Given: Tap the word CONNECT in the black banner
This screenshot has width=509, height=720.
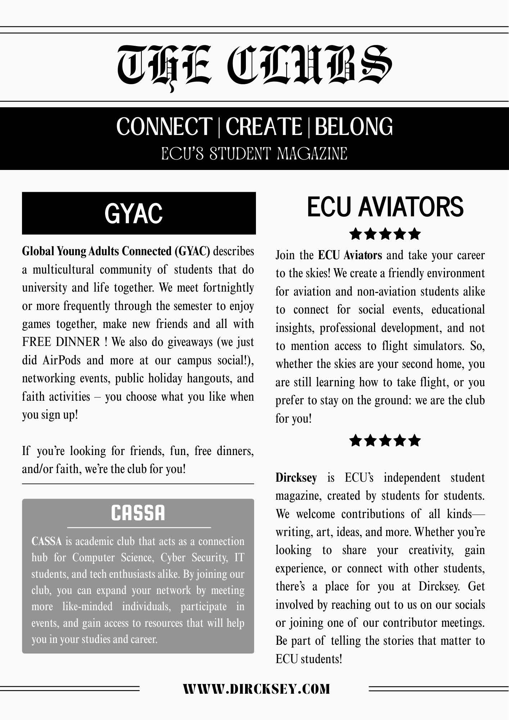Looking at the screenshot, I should (164, 127).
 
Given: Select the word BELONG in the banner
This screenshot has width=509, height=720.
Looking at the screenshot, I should (354, 127).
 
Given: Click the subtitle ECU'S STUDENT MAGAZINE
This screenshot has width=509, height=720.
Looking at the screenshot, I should (254, 154).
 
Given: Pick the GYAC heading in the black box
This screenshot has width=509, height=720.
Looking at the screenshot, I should (134, 213).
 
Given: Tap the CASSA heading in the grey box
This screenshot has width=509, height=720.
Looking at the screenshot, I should (138, 513).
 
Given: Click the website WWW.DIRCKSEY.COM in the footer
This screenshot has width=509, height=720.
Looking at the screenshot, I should (256, 689).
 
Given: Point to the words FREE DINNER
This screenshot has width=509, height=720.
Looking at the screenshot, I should (61, 342).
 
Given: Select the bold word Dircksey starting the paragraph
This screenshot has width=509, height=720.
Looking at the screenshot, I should (296, 478).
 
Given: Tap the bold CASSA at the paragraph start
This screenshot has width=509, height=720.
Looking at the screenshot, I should (46, 541).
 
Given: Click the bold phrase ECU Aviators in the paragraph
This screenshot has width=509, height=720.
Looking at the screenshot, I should (350, 255).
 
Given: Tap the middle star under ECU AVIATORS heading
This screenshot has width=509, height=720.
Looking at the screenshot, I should (385, 234).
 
